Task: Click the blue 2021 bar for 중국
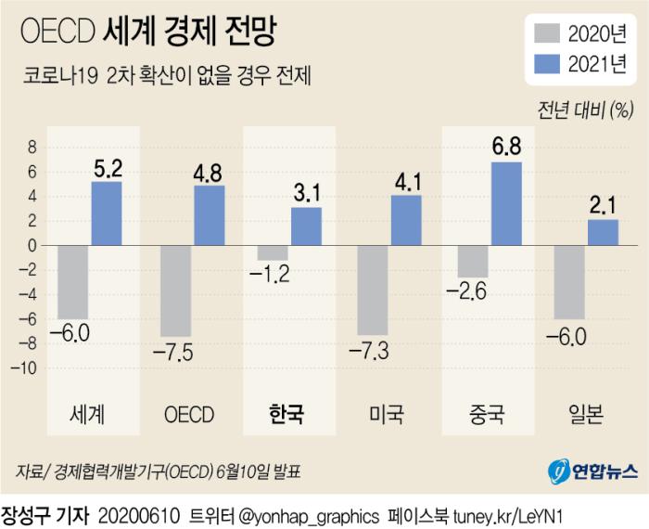pos(506,204)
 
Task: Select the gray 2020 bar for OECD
pos(176,290)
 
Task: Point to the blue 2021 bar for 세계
pos(107,213)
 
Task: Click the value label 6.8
pos(506,147)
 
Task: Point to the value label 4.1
pos(406,180)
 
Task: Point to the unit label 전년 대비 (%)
pos(585,111)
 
